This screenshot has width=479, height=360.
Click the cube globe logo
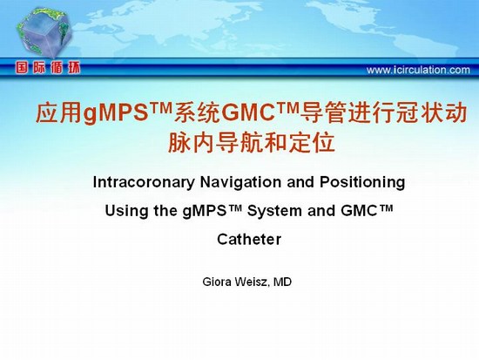(x=45, y=33)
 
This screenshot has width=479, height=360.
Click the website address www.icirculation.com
(x=418, y=70)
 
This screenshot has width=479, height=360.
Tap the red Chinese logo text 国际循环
(x=48, y=68)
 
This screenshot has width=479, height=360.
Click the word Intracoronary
(x=144, y=182)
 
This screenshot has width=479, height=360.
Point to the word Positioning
(x=362, y=182)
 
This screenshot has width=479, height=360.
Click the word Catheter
(x=249, y=239)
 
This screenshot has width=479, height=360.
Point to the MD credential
(x=282, y=282)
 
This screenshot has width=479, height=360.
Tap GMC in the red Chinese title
(x=247, y=112)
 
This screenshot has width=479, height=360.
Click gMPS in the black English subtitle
(x=204, y=211)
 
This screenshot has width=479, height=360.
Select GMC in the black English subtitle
(x=359, y=211)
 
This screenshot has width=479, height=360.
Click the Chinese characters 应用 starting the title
(x=59, y=113)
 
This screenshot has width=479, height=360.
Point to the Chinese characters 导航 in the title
(x=239, y=143)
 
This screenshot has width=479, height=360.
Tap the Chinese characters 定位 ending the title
(x=312, y=143)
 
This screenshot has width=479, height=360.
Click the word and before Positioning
(x=300, y=182)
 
